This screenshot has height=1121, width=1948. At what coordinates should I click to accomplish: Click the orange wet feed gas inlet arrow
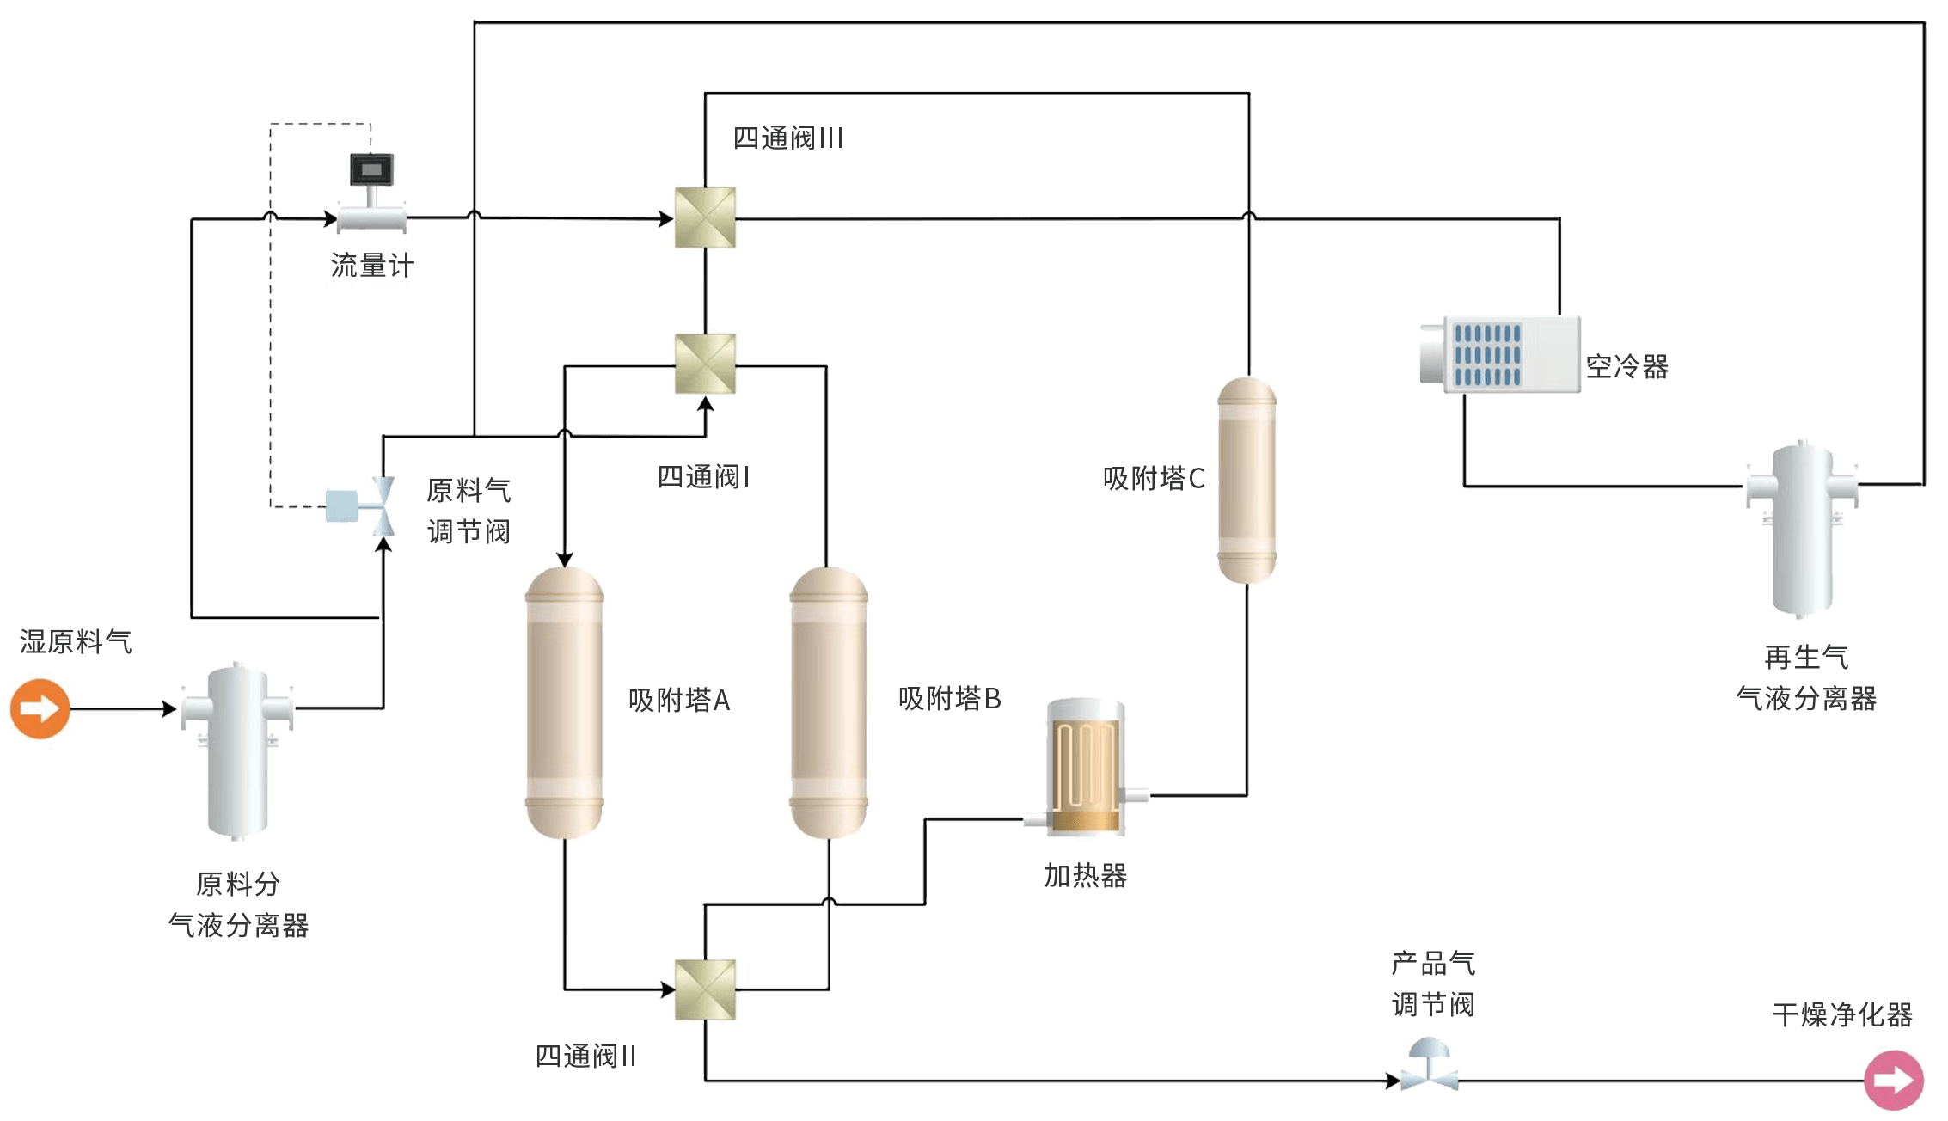pos(40,708)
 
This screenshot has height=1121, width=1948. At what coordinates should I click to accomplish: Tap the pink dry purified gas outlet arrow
pos(1893,1080)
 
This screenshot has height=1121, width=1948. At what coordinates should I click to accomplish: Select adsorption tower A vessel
pos(564,702)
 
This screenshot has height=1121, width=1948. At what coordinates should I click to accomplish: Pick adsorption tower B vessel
pos(829,702)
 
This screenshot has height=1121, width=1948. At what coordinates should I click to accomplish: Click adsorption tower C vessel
pos(1247,480)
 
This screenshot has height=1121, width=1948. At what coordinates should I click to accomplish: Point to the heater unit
pos(1085,767)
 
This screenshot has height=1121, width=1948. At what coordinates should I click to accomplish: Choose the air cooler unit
pos(1500,354)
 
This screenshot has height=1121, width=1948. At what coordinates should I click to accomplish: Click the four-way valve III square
pos(705,217)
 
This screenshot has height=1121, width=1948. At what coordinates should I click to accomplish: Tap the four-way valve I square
pos(705,364)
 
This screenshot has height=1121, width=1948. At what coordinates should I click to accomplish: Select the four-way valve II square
pos(705,989)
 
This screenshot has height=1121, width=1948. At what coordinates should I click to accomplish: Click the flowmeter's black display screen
pos(371,169)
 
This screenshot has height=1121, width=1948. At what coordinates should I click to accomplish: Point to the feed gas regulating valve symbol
pos(361,506)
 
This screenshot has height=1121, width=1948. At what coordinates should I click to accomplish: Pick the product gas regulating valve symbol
pos(1429,1064)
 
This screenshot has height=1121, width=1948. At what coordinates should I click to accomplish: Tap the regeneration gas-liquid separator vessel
pos(1802,529)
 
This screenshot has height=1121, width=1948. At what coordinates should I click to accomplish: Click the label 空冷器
pos(1627,367)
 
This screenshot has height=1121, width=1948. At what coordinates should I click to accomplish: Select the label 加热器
pos(1085,876)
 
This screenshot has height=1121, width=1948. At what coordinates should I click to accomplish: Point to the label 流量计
pos(372,266)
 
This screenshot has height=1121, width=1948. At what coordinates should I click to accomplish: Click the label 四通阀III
pos(787,138)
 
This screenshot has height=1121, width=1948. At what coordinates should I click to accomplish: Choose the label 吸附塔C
pos(1154,478)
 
